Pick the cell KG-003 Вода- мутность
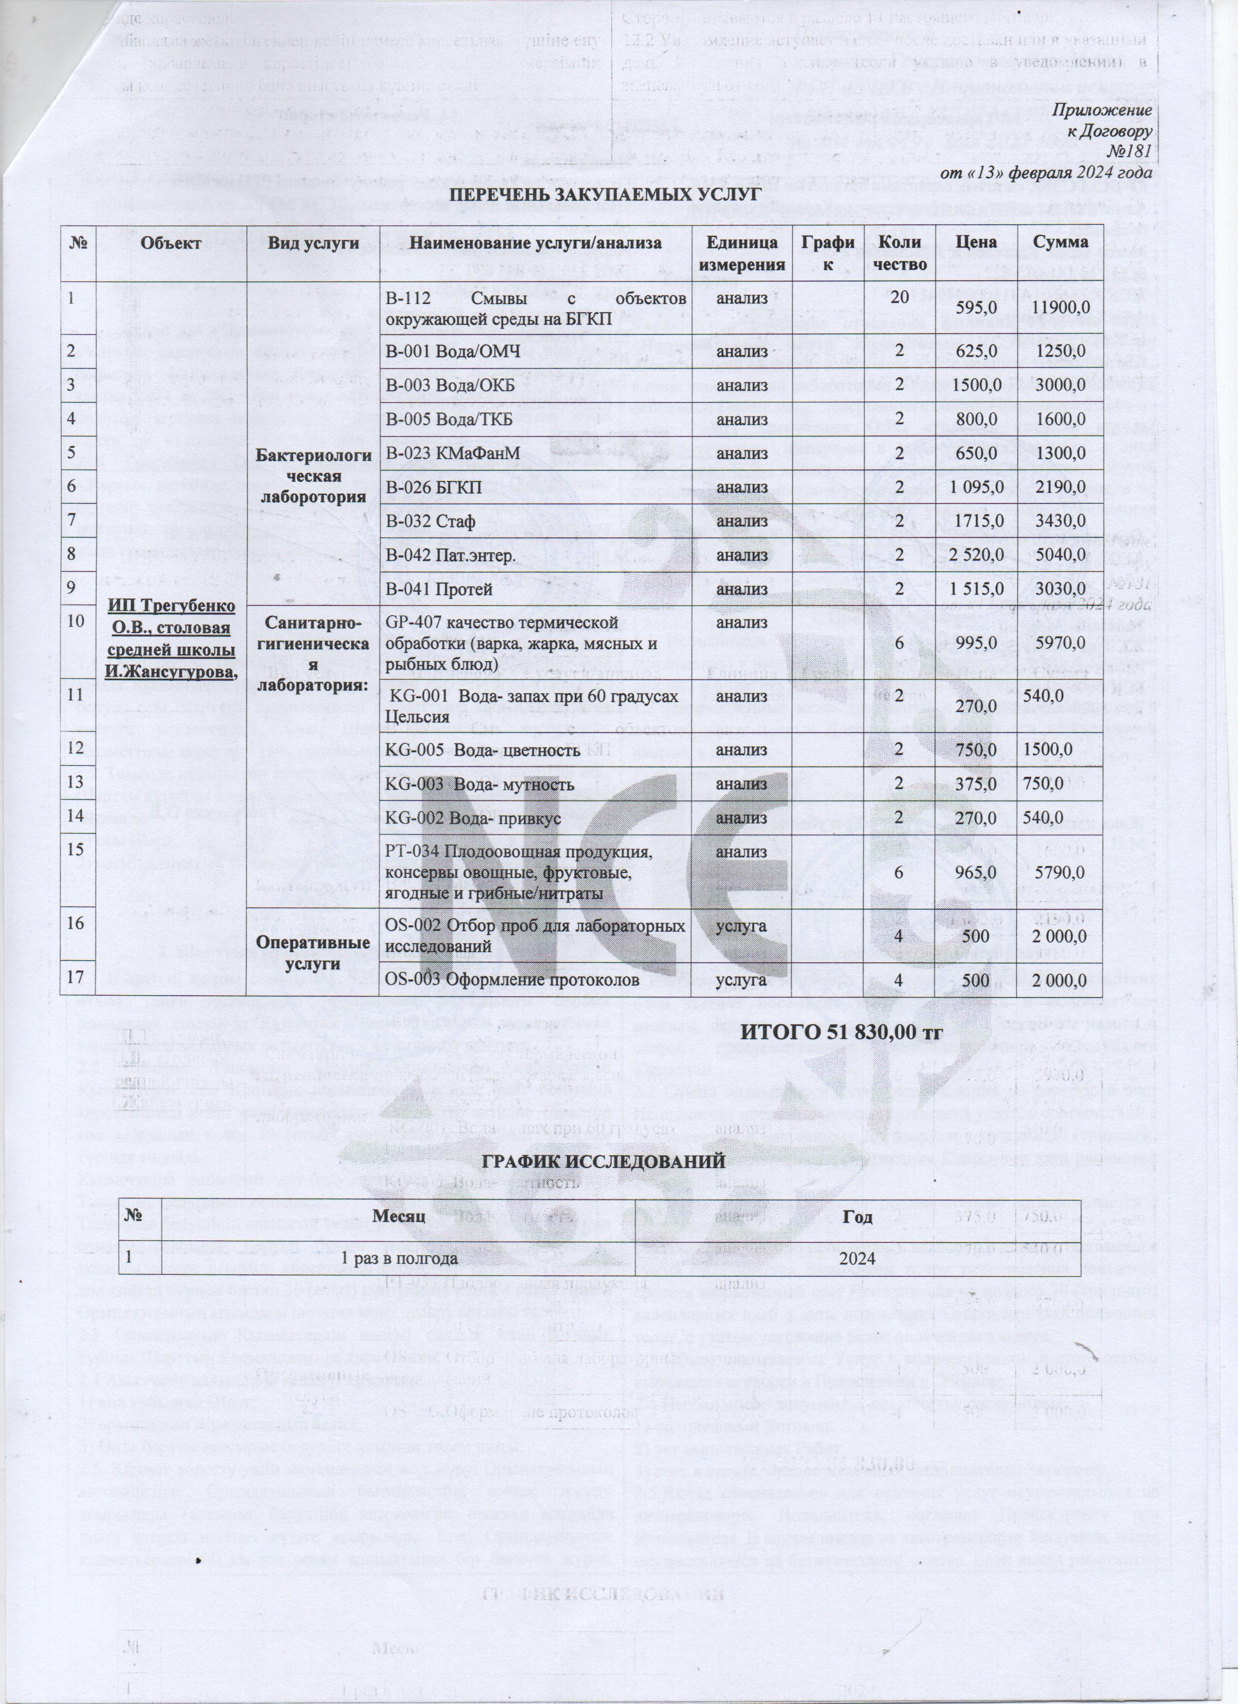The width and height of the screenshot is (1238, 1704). [x=479, y=785]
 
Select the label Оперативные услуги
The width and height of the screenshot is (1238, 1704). [x=312, y=952]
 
